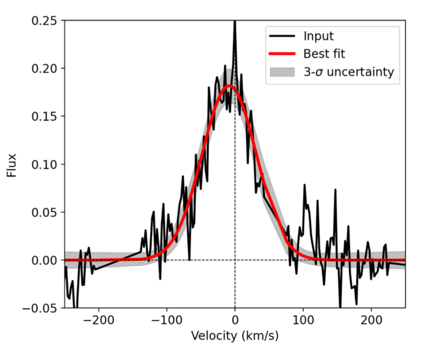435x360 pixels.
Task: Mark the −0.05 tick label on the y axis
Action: pyautogui.click(x=42, y=308)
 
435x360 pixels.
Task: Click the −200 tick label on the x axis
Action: pyautogui.click(x=98, y=320)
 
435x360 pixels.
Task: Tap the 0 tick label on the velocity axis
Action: pyautogui.click(x=235, y=320)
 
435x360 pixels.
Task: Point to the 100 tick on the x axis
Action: pyautogui.click(x=303, y=320)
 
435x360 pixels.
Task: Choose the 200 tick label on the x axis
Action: pyautogui.click(x=371, y=320)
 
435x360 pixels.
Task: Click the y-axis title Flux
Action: pyautogui.click(x=12, y=164)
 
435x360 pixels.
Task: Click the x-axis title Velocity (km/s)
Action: pyautogui.click(x=235, y=335)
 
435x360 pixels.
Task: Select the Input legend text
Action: pyautogui.click(x=318, y=36)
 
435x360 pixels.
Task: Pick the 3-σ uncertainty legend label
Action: pyautogui.click(x=348, y=72)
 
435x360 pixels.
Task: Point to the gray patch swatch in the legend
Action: pyautogui.click(x=282, y=72)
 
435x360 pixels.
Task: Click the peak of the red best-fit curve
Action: pyautogui.click(x=229, y=86)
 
